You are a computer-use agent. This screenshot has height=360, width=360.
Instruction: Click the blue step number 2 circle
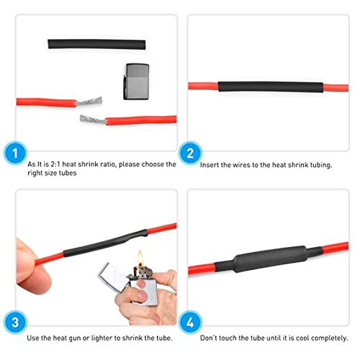coord(189,153)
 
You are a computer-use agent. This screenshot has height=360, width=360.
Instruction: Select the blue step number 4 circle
coord(189,320)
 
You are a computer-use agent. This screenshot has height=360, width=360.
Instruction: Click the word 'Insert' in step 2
coord(210,165)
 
